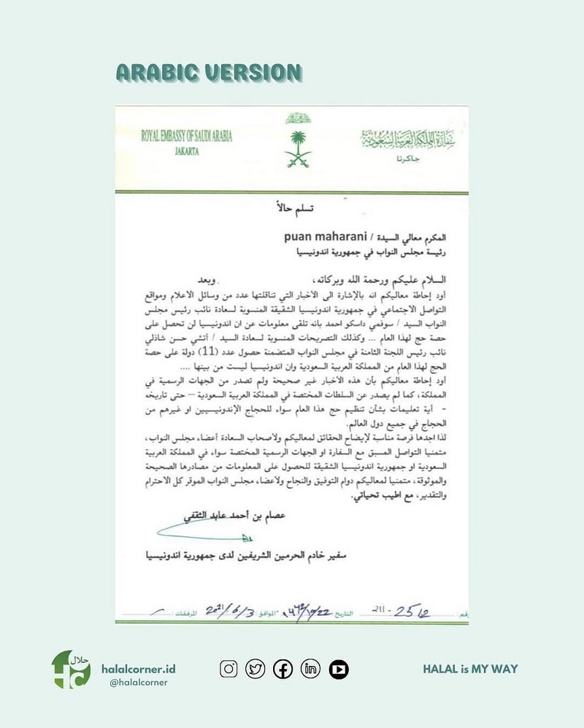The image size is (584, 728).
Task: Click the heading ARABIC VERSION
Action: (x=208, y=73)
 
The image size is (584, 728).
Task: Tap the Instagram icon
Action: (x=228, y=668)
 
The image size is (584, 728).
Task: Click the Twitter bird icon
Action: (x=255, y=668)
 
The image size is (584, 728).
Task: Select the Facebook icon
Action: (x=283, y=668)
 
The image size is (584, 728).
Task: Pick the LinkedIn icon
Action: (x=310, y=668)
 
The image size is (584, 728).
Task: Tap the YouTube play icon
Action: (x=338, y=668)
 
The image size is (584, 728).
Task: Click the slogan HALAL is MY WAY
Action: (x=470, y=668)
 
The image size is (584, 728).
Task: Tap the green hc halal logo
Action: (x=71, y=670)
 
